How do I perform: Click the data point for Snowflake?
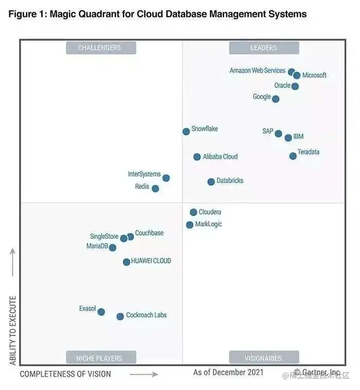(x=186, y=132)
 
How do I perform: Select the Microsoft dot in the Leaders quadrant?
(x=297, y=76)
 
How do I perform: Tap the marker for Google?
(x=276, y=99)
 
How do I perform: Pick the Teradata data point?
(x=293, y=156)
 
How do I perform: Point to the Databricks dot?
(x=211, y=182)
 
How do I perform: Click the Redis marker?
(x=155, y=189)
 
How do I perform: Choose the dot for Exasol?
(x=101, y=312)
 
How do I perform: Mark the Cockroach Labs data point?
(x=120, y=316)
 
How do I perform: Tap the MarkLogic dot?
(x=190, y=225)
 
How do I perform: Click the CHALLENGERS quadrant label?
(x=101, y=48)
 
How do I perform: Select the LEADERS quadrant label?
(x=264, y=48)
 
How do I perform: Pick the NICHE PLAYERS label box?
(x=101, y=358)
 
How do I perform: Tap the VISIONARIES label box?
(x=264, y=358)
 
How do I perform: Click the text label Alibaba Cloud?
(x=220, y=157)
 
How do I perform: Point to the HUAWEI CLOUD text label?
(x=151, y=261)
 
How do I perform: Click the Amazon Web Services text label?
(x=257, y=70)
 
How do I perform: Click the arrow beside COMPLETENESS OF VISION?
(x=143, y=375)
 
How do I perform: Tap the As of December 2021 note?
(x=228, y=372)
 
